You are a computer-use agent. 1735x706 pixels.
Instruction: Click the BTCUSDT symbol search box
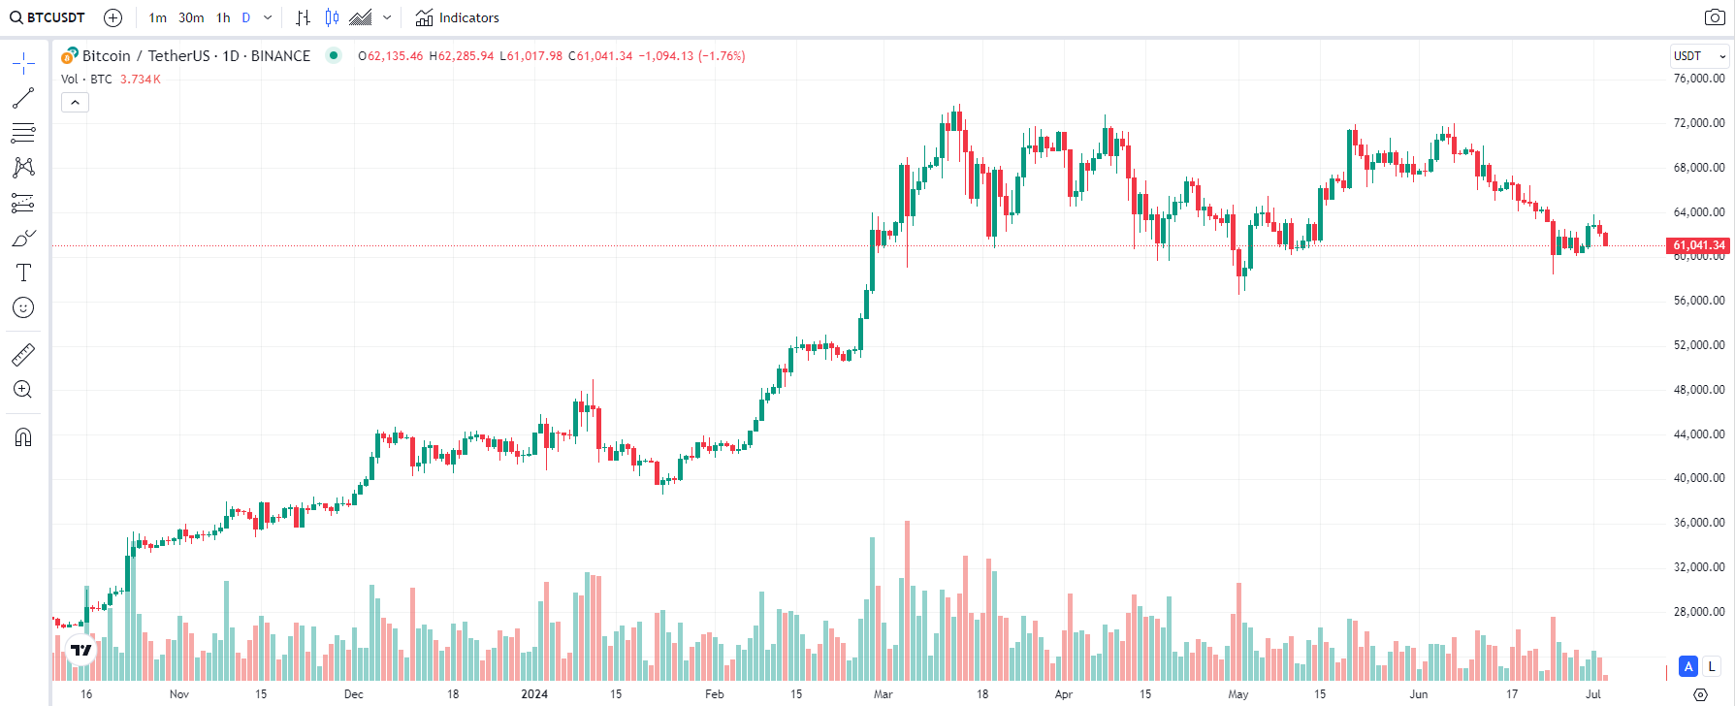coord(48,17)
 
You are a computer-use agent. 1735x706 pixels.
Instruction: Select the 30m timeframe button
coord(191,17)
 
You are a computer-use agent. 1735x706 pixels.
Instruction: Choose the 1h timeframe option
coord(223,17)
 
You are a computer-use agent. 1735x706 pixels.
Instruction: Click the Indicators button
coord(457,17)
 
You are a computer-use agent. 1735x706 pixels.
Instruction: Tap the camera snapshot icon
coord(1715,17)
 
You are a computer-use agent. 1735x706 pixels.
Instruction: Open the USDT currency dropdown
coord(1699,56)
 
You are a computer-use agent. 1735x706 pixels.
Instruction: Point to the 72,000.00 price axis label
coord(1699,123)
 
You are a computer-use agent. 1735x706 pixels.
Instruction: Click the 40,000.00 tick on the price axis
coord(1699,478)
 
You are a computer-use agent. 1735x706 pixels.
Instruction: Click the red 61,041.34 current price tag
coord(1699,245)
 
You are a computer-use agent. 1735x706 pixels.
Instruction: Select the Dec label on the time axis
coord(354,694)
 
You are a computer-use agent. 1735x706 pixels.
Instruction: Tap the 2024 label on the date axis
coord(534,694)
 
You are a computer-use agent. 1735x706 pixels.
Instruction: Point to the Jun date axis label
coord(1419,694)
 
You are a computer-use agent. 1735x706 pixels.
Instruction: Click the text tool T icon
coord(23,273)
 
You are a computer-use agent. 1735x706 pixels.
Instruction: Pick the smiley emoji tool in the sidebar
coord(23,308)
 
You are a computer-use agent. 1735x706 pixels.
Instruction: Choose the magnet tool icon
coord(23,437)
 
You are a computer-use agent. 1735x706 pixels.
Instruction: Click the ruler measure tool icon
coord(23,355)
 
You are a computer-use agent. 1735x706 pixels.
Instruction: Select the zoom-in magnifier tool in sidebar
coord(23,390)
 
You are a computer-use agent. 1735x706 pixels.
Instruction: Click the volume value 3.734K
coord(141,80)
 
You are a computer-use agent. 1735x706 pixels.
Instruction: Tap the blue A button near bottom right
coord(1688,666)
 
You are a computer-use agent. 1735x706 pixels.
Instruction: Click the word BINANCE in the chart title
coord(280,56)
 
